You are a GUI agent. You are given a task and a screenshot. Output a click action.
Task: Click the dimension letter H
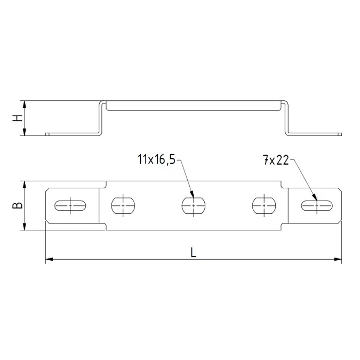coord(18,118)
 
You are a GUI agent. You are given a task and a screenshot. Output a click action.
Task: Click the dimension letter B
coord(18,205)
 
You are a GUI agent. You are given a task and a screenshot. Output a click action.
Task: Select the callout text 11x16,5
coord(156,159)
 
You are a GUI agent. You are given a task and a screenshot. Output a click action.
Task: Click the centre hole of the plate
coord(193,205)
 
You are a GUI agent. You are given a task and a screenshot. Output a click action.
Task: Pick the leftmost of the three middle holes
coord(124,205)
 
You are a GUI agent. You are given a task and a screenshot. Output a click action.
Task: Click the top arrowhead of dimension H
coord(24,103)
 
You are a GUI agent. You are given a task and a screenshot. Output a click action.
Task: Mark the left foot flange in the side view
coord(72,134)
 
